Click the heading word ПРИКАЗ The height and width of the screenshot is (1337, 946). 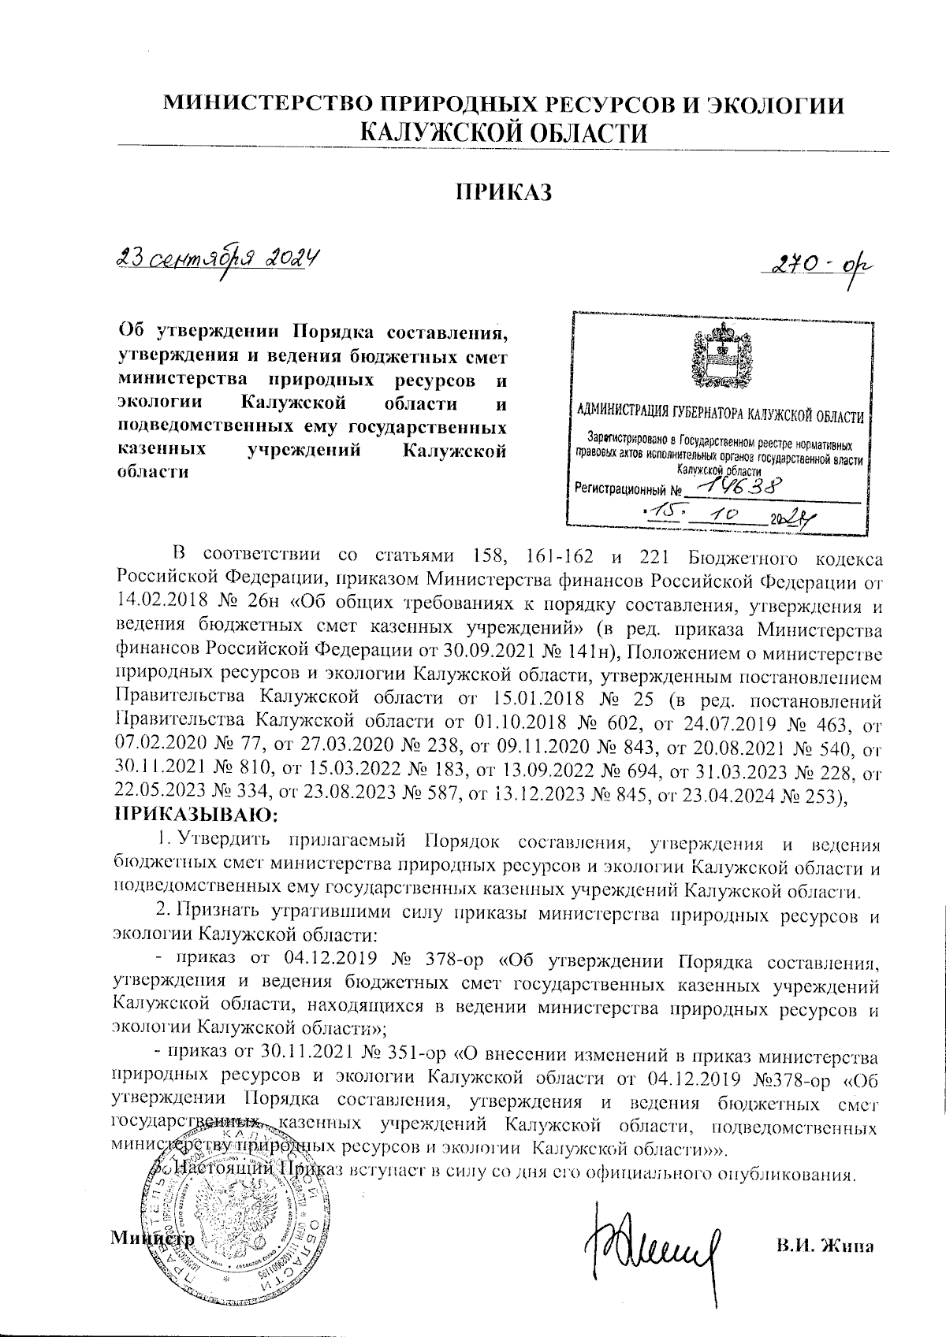[x=502, y=192]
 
